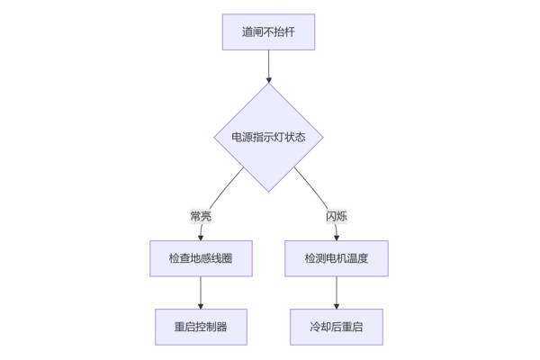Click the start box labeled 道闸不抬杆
click(268, 32)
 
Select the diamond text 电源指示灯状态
click(268, 138)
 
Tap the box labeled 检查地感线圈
click(200, 258)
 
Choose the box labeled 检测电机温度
click(337, 258)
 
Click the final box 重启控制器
click(200, 327)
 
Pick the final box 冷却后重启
click(337, 327)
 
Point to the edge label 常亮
click(200, 216)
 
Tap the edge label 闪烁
click(337, 216)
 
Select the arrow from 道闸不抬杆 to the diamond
click(268, 67)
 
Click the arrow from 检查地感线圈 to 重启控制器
click(200, 292)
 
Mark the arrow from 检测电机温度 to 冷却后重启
click(337, 292)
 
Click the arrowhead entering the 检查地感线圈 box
click(200, 238)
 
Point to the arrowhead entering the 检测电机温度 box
click(337, 238)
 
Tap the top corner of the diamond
click(268, 85)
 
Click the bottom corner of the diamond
click(268, 192)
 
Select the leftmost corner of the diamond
click(214, 138)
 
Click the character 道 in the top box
click(247, 32)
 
